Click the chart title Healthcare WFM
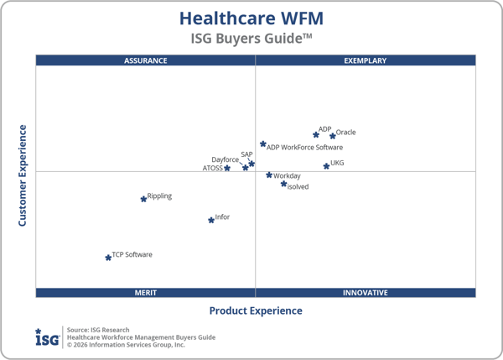point(251,18)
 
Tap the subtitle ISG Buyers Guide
point(251,39)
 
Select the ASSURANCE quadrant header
point(146,60)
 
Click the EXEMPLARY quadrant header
point(366,60)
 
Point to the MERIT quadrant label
point(146,293)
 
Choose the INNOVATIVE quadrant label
point(366,293)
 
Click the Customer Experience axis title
point(23,175)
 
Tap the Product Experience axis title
point(256,310)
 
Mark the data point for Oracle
point(333,136)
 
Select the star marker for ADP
point(316,134)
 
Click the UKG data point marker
point(327,166)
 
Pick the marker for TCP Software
point(108,258)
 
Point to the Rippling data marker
point(143,199)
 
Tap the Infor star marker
point(211,221)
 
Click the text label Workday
point(287,176)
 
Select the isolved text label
point(298,187)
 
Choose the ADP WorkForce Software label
point(304,148)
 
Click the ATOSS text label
point(213,168)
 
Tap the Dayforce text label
point(225,159)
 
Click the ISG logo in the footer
point(46,337)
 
